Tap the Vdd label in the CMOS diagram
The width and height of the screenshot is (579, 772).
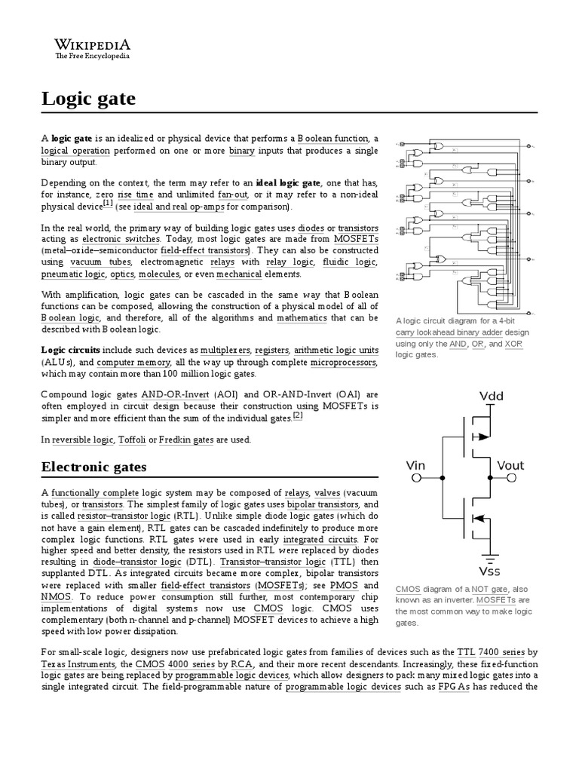492,397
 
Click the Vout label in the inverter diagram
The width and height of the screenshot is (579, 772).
513,465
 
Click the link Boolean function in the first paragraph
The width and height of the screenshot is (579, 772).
332,139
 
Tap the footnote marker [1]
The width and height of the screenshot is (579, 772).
108,204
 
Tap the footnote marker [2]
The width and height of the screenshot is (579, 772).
298,415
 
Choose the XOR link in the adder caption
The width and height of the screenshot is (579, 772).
514,344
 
